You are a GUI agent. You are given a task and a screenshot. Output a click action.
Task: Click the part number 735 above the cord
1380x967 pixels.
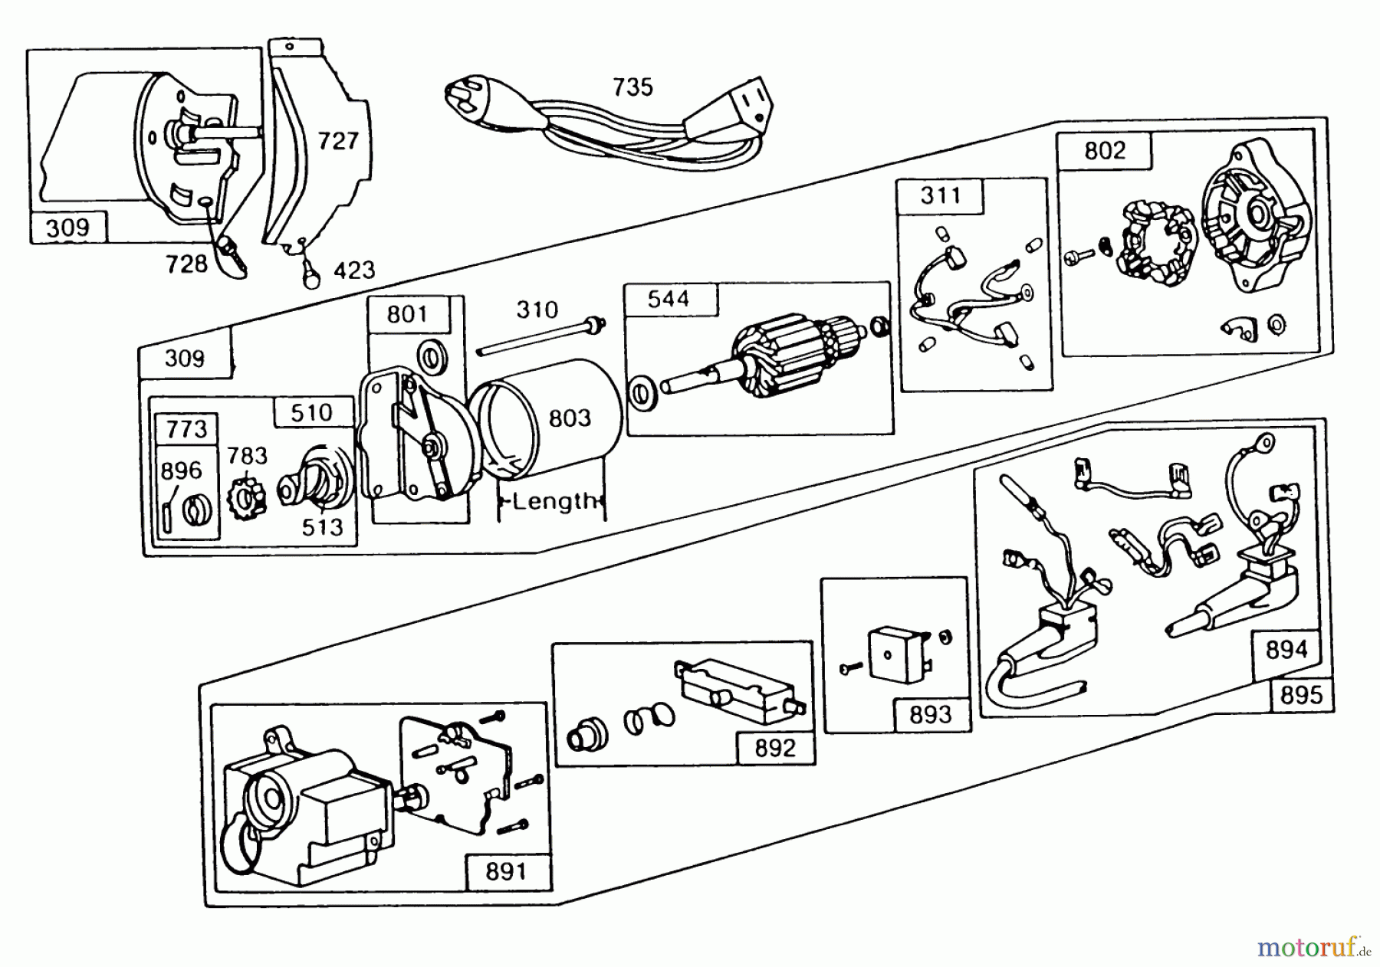coord(632,87)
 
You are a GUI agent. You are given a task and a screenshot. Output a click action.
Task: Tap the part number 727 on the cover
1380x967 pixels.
coord(338,140)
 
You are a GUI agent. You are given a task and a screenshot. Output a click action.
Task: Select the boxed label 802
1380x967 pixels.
coord(1105,150)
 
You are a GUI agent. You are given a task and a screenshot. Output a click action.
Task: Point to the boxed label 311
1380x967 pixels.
coord(941,195)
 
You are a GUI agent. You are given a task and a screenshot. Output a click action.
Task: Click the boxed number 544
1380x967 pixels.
coord(669,299)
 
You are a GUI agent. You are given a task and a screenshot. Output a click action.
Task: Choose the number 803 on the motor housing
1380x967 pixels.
coord(570,418)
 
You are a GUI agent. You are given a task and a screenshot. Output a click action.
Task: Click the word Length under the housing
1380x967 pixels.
coord(554,502)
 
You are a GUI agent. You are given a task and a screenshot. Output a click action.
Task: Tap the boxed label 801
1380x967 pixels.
coord(407,314)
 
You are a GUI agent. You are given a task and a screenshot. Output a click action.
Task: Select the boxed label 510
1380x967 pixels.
coord(312,412)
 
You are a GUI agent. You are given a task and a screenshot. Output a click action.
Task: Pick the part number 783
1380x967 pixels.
coord(247,456)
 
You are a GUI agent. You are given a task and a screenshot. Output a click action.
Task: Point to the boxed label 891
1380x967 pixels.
coord(507,871)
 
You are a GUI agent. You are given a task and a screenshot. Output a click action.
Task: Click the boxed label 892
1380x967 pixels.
coord(775,747)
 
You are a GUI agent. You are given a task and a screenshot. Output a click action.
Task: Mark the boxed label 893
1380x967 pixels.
coord(930,715)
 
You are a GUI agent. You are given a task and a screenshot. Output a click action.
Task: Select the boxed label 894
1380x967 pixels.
coord(1286,649)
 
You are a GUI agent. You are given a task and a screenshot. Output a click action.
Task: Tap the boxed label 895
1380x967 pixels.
coord(1301,695)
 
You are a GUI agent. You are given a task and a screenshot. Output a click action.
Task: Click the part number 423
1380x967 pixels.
coord(354,270)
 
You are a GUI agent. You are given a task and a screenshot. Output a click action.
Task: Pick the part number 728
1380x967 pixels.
coord(187,264)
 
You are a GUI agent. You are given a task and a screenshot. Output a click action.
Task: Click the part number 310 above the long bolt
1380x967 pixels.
coord(537,310)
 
